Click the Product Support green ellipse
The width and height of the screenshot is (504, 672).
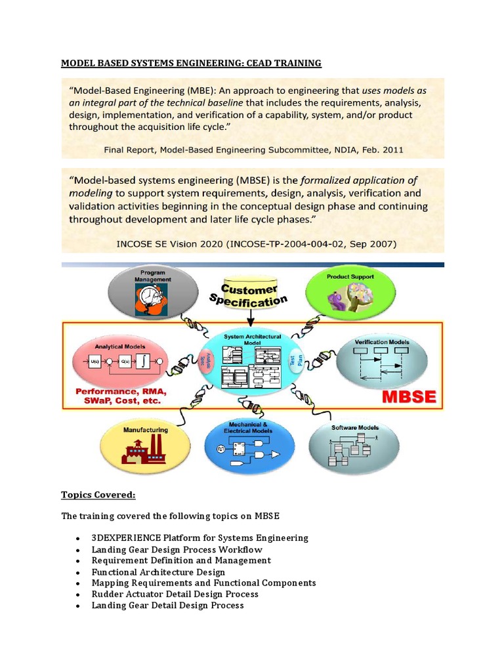coord(350,293)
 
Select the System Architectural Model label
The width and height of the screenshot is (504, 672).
coord(252,339)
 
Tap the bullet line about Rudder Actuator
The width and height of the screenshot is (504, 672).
coord(175,594)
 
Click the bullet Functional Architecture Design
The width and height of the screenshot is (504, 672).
coord(158,572)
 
